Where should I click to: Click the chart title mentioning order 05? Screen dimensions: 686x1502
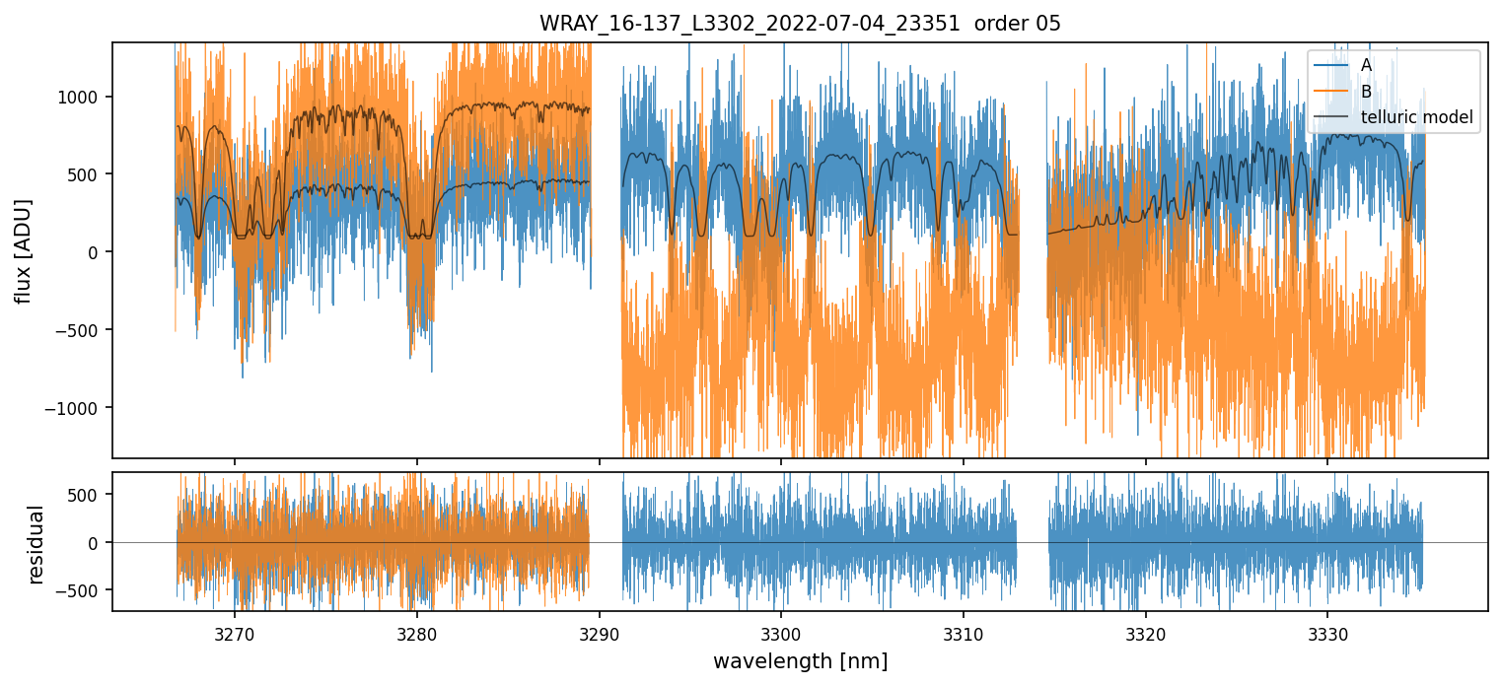pyautogui.click(x=800, y=24)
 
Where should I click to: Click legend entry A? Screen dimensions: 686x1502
pyautogui.click(x=1366, y=65)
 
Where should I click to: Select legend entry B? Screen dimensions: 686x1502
pyautogui.click(x=1366, y=92)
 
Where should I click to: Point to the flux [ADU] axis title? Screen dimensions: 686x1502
pyautogui.click(x=22, y=250)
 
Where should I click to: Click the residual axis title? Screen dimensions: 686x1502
pyautogui.click(x=36, y=544)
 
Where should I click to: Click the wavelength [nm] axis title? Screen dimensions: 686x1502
pyautogui.click(x=800, y=661)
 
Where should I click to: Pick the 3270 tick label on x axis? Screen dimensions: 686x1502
pyautogui.click(x=235, y=631)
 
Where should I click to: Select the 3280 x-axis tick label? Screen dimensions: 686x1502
pyautogui.click(x=416, y=631)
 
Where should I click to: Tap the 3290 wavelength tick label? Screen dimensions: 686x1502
pyautogui.click(x=599, y=631)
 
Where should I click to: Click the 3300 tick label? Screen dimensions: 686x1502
pyautogui.click(x=780, y=631)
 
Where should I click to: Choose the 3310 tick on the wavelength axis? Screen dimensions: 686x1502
pyautogui.click(x=963, y=631)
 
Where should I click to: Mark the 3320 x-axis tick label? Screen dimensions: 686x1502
pyautogui.click(x=1145, y=631)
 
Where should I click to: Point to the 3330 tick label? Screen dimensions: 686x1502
pyautogui.click(x=1326, y=631)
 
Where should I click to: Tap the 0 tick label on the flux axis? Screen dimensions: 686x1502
pyautogui.click(x=99, y=252)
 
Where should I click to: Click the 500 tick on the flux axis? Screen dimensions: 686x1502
pyautogui.click(x=91, y=174)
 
